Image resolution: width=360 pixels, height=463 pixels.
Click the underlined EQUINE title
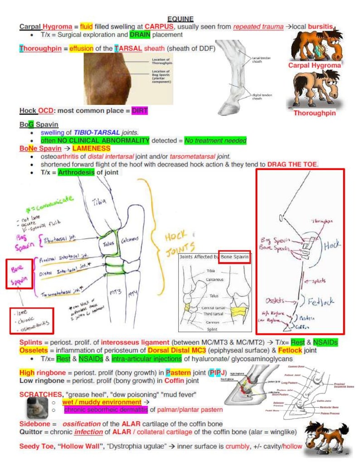coord(180,19)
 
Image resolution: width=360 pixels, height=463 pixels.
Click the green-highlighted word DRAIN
coord(140,34)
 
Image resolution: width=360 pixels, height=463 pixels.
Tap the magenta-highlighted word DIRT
coord(140,110)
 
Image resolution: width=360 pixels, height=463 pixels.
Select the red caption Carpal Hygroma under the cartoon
coord(314,65)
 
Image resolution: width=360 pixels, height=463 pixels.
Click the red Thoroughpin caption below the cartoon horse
coord(315,113)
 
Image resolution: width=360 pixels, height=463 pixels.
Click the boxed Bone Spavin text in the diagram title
coord(234,256)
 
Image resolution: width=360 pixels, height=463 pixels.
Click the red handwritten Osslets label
coord(275,300)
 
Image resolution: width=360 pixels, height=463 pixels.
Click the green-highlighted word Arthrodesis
coord(76,172)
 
